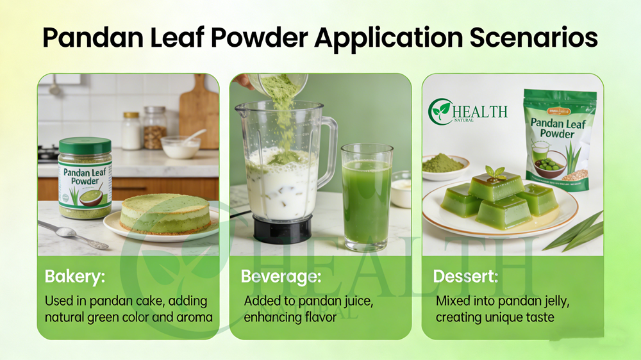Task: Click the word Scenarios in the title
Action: tap(533, 38)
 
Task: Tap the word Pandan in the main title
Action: tap(93, 38)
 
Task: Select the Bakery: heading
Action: tap(75, 276)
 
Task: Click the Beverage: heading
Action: tap(281, 276)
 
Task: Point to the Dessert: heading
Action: tap(465, 276)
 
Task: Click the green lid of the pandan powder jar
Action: tap(85, 145)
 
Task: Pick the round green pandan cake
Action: tap(165, 214)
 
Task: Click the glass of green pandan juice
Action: tap(367, 197)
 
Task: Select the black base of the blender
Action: tap(283, 229)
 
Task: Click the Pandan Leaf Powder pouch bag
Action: tap(558, 140)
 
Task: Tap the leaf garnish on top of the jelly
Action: tap(495, 173)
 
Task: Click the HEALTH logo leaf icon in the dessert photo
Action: tap(441, 111)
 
